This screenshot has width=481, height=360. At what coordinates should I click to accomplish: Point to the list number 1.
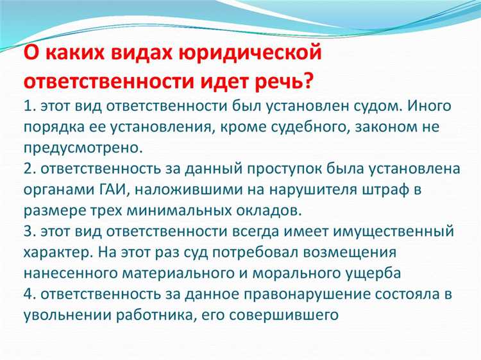(x=29, y=105)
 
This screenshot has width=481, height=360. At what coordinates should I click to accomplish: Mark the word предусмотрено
(x=81, y=148)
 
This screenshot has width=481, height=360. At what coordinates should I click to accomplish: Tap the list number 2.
(x=30, y=169)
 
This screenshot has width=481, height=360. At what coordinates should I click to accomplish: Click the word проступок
(x=275, y=169)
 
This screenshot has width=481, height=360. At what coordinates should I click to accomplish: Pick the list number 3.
(x=30, y=232)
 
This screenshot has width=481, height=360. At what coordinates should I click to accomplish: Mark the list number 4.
(x=30, y=295)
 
